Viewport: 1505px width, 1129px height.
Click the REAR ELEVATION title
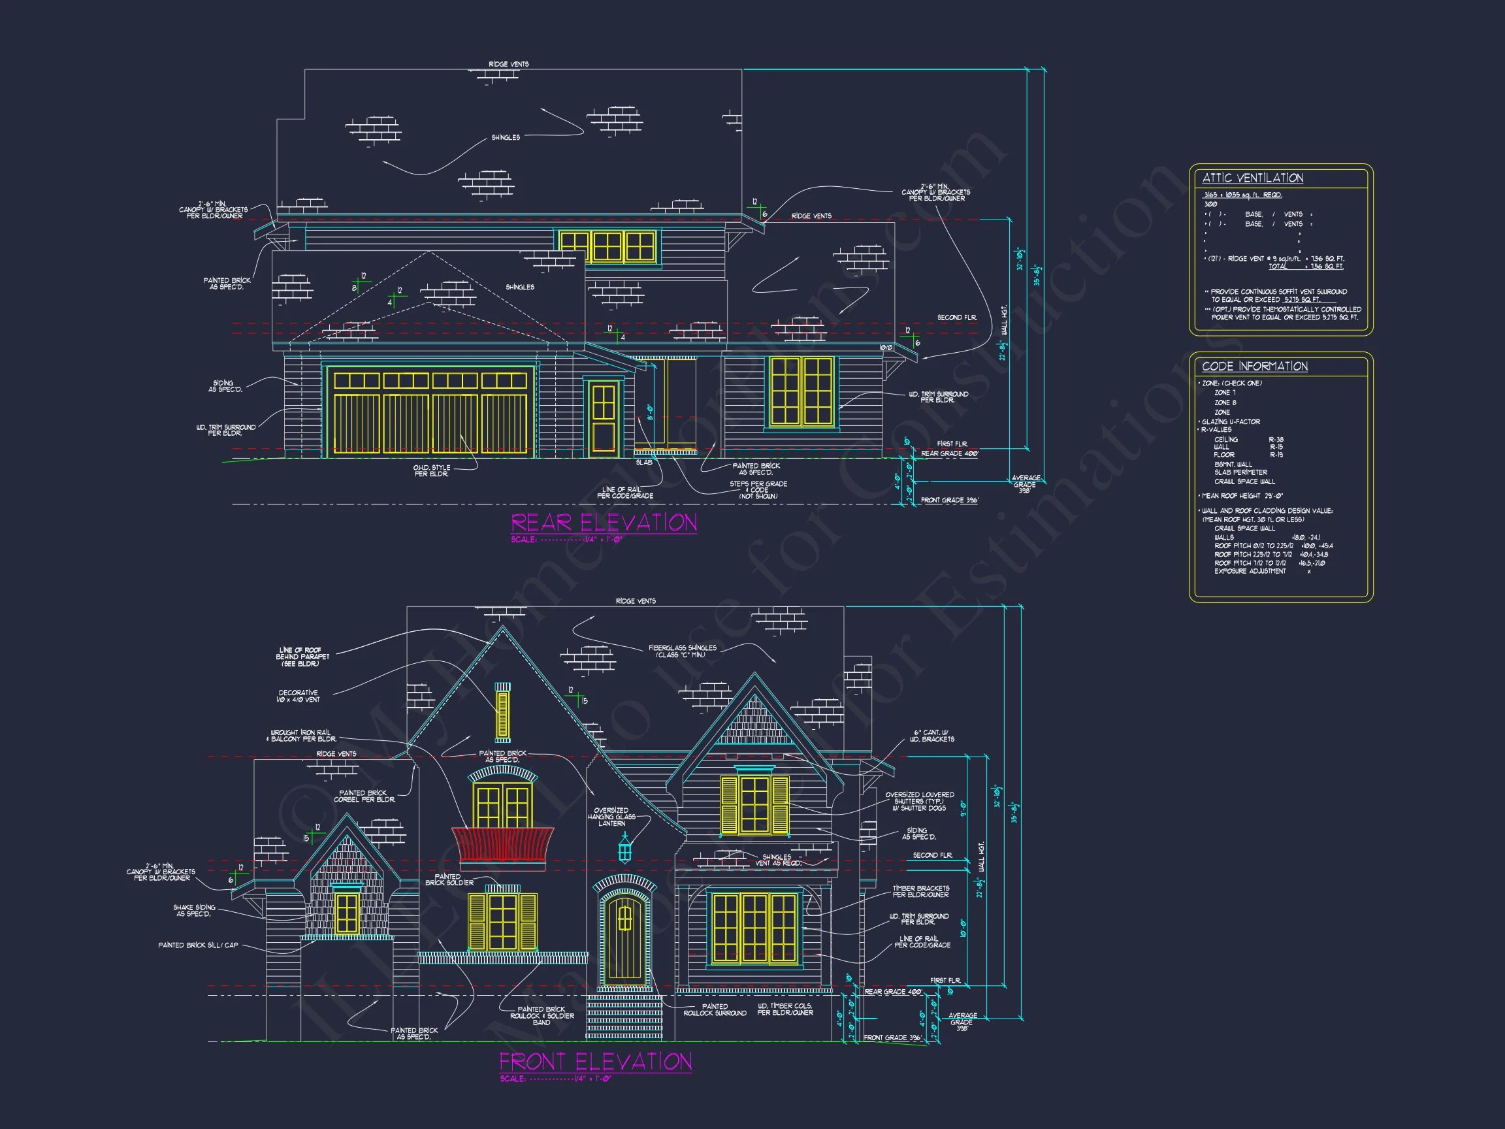pyautogui.click(x=604, y=523)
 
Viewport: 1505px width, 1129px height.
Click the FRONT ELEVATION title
pyautogui.click(x=595, y=1062)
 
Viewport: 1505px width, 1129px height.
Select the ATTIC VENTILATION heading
pyautogui.click(x=1252, y=178)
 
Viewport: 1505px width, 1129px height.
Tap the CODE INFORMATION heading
pyautogui.click(x=1254, y=366)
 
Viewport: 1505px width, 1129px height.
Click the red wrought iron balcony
pyautogui.click(x=502, y=846)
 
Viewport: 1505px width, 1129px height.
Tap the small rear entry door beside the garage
pyautogui.click(x=603, y=418)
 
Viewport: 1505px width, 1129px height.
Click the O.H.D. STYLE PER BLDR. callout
pyautogui.click(x=431, y=471)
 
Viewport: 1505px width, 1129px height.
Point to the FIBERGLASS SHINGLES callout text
pyautogui.click(x=682, y=651)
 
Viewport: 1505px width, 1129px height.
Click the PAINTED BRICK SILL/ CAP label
pyautogui.click(x=198, y=945)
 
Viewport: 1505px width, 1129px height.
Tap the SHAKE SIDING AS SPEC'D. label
pyautogui.click(x=195, y=911)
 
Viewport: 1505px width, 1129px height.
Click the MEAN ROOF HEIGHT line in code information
pyautogui.click(x=1242, y=496)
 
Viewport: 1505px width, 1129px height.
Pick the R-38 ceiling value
pyautogui.click(x=1276, y=440)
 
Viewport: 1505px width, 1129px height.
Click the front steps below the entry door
pyautogui.click(x=624, y=1017)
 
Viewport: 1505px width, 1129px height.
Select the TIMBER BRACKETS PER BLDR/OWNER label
pyautogui.click(x=920, y=891)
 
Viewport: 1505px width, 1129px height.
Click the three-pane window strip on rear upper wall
pyautogui.click(x=607, y=246)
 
